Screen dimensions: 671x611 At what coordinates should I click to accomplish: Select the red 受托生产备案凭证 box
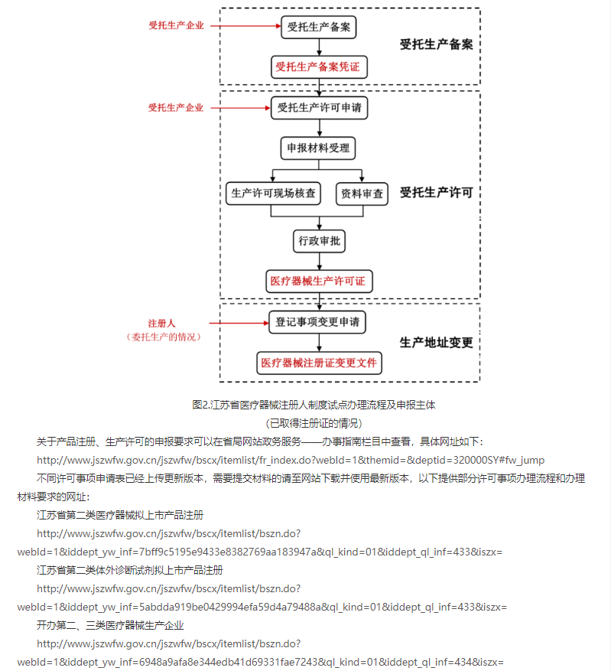[319, 67]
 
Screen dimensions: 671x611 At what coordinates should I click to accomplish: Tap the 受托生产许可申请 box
[319, 108]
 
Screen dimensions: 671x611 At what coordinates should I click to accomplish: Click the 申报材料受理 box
[318, 148]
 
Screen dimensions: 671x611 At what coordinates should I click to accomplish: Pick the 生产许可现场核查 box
[273, 194]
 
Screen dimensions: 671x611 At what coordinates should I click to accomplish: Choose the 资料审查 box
[362, 194]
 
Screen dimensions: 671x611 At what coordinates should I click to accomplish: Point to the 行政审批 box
[319, 241]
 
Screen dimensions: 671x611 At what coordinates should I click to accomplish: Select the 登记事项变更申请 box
[317, 322]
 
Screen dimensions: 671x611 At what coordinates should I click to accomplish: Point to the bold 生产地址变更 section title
[436, 342]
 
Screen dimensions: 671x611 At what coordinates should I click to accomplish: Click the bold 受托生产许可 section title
[436, 193]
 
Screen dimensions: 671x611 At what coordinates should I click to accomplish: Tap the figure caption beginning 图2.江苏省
[314, 405]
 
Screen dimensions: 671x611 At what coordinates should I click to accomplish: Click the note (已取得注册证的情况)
[314, 422]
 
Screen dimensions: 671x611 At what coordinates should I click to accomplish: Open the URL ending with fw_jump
[291, 460]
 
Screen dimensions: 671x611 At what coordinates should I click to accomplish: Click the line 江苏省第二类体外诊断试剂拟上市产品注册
[130, 570]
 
